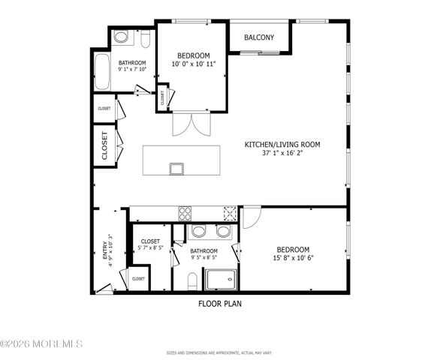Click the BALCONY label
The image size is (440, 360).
(258, 37)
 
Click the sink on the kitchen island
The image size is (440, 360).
(176, 168)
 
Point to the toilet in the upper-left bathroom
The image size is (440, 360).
(145, 37)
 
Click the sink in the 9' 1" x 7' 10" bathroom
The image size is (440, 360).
(121, 37)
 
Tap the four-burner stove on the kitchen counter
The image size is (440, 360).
(185, 213)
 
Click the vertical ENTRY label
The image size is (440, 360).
(105, 250)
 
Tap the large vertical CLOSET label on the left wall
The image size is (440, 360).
(104, 145)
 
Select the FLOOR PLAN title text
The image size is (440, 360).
(220, 304)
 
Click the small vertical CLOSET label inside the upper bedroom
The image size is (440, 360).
(162, 97)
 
